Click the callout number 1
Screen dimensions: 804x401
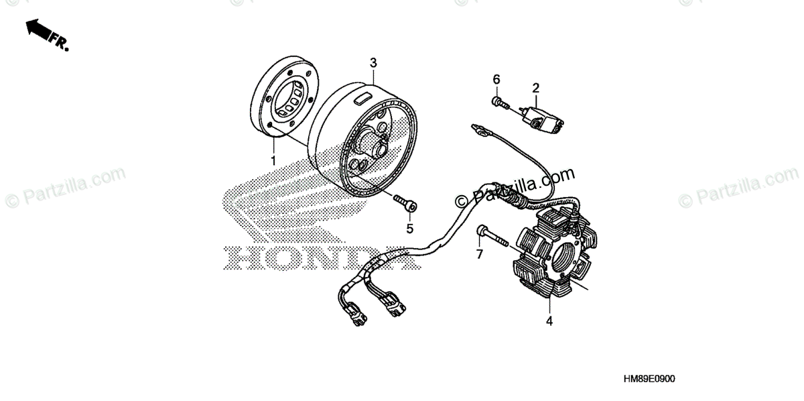[273, 160]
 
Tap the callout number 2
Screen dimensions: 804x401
[536, 87]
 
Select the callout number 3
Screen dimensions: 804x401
[374, 62]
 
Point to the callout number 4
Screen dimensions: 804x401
[549, 321]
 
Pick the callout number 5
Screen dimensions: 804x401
[410, 229]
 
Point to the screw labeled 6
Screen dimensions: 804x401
[498, 102]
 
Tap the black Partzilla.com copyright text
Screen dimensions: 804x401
[516, 187]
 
